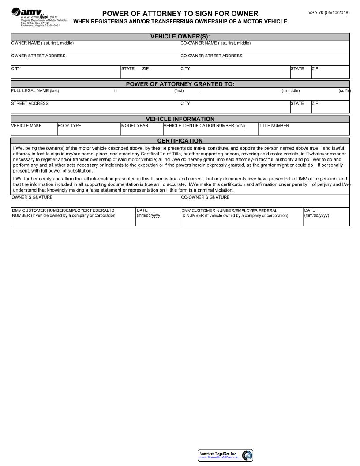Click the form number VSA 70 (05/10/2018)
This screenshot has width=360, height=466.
[x=329, y=12]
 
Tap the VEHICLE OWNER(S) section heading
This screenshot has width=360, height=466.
[x=180, y=37]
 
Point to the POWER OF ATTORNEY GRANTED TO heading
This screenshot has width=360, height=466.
[x=180, y=84]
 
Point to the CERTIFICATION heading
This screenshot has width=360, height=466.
[x=180, y=141]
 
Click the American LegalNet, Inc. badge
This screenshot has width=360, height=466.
[x=225, y=455]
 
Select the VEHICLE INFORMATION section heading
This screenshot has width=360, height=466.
[x=180, y=119]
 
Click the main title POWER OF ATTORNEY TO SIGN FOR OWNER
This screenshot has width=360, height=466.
[x=180, y=14]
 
